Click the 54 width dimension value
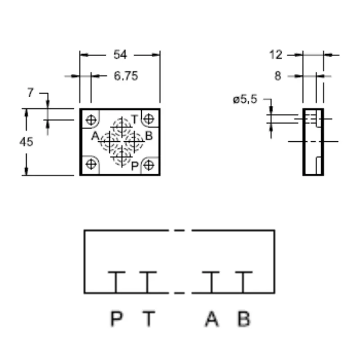coord(120,55)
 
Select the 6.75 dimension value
coord(126,76)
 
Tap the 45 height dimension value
coord(26,142)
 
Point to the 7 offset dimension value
coord(30,93)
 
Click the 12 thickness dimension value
coord(276,55)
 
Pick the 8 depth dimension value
coord(278,76)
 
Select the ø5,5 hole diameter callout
coord(245,99)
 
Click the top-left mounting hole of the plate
coord(91,120)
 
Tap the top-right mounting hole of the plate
coord(149,119)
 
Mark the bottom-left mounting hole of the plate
coord(91,164)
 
